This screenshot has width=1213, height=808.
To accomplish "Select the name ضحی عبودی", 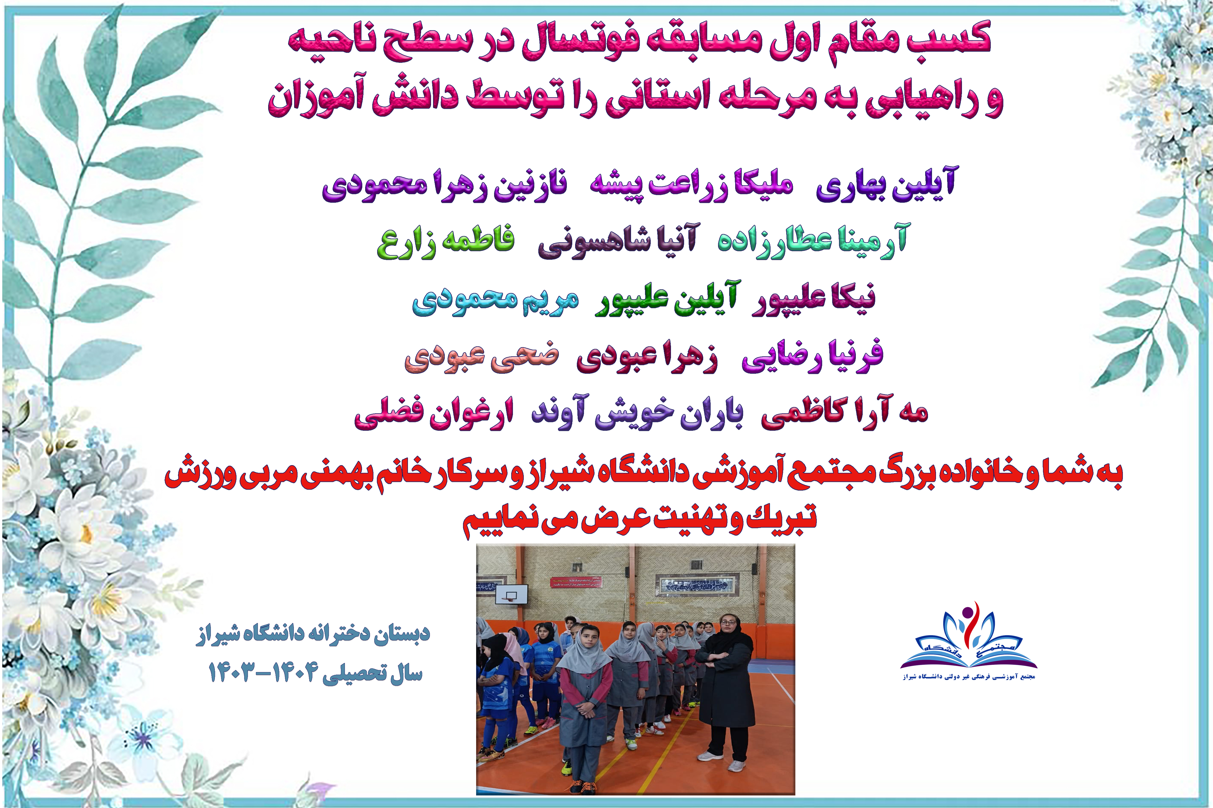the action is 482,357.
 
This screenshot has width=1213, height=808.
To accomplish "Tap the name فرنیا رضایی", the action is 812,356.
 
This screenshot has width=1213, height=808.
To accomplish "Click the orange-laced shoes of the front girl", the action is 582,787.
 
